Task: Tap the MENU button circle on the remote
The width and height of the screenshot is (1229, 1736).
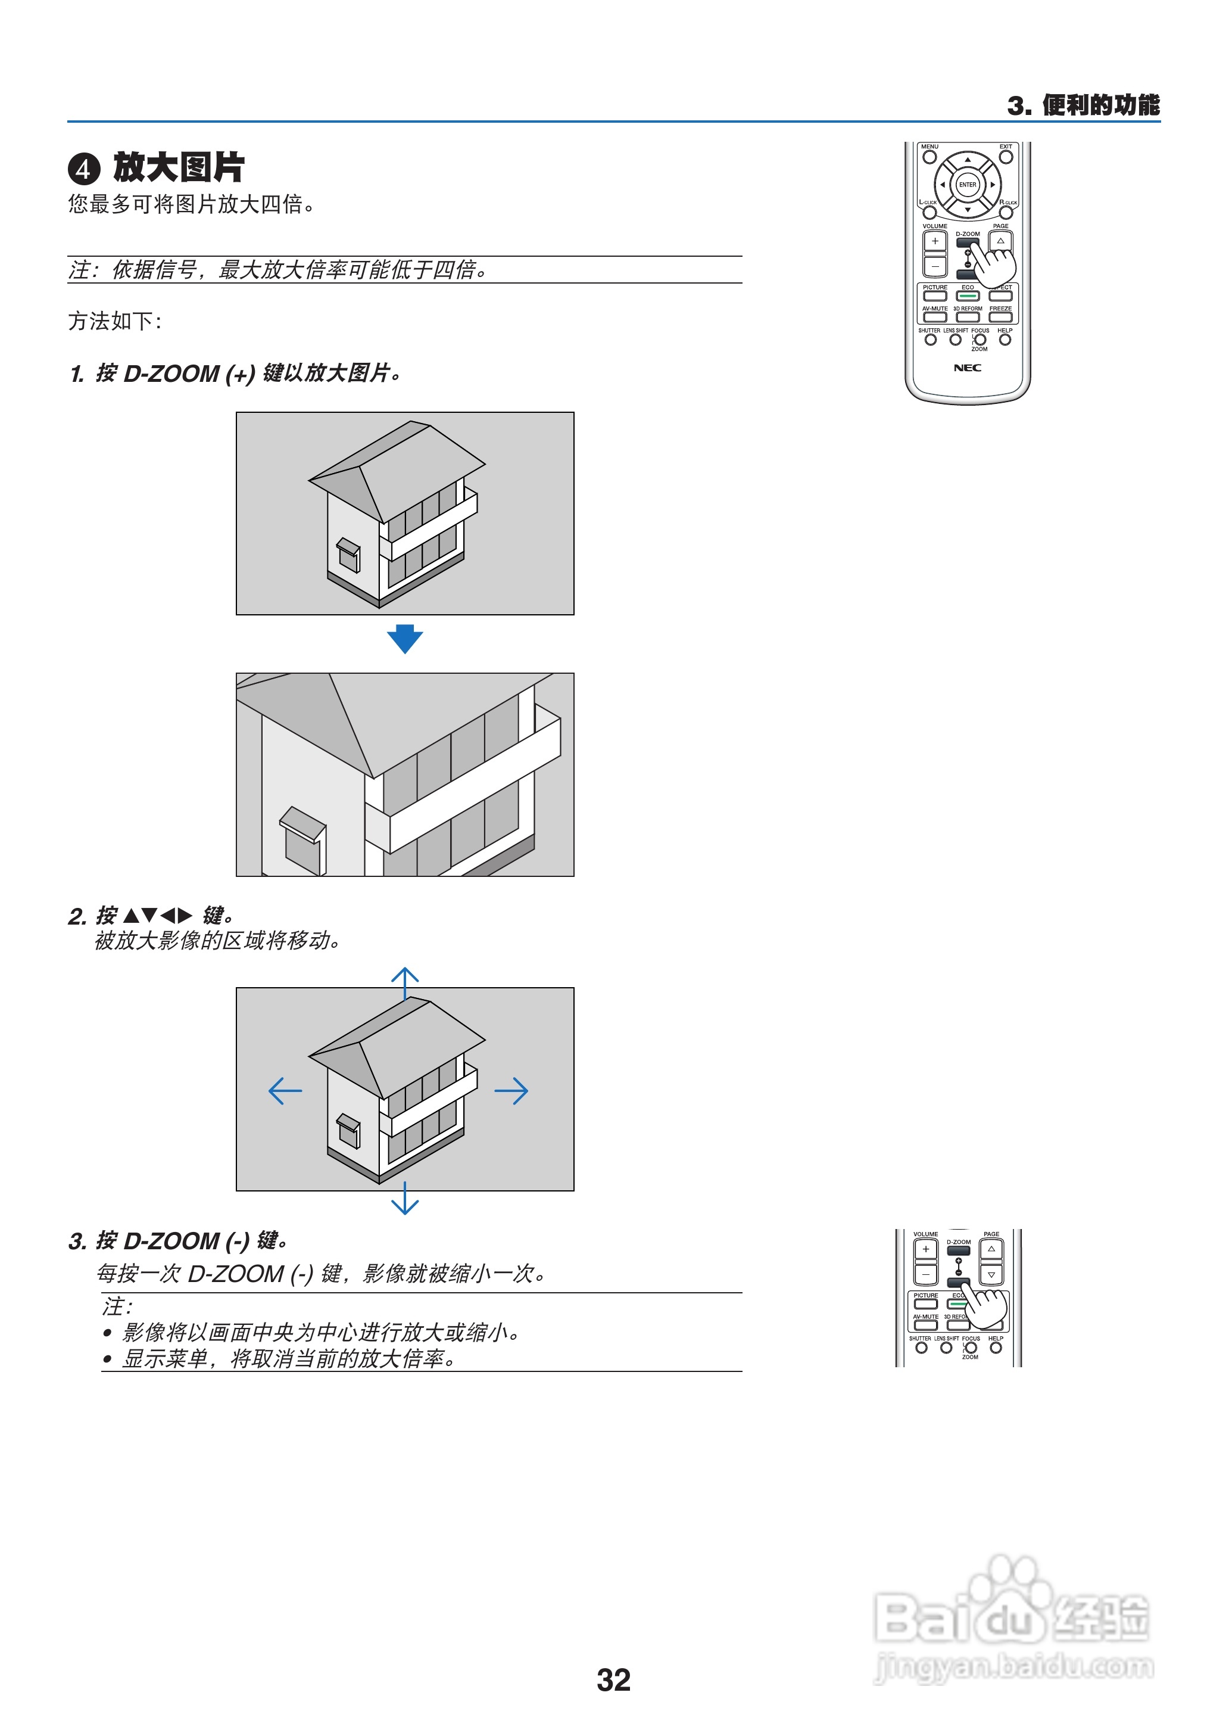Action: click(x=929, y=157)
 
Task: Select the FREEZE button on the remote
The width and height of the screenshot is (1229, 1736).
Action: click(x=1000, y=316)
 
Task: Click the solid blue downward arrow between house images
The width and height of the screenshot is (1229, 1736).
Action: click(x=405, y=638)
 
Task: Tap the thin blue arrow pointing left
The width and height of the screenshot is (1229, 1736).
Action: click(x=285, y=1091)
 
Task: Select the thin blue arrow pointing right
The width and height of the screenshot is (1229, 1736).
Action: click(x=511, y=1091)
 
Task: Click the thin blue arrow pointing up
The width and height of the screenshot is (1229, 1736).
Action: click(x=405, y=982)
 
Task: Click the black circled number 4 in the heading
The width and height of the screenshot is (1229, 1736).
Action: click(x=84, y=169)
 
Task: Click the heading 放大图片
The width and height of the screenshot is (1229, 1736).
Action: click(x=179, y=167)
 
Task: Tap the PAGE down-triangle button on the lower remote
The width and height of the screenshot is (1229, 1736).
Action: click(x=991, y=1275)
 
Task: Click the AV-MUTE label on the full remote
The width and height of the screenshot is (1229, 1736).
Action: click(x=935, y=309)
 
